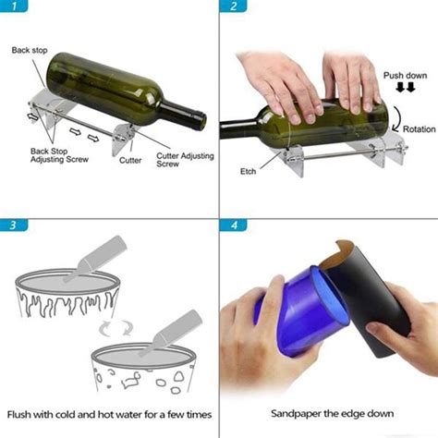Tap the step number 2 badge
234,8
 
